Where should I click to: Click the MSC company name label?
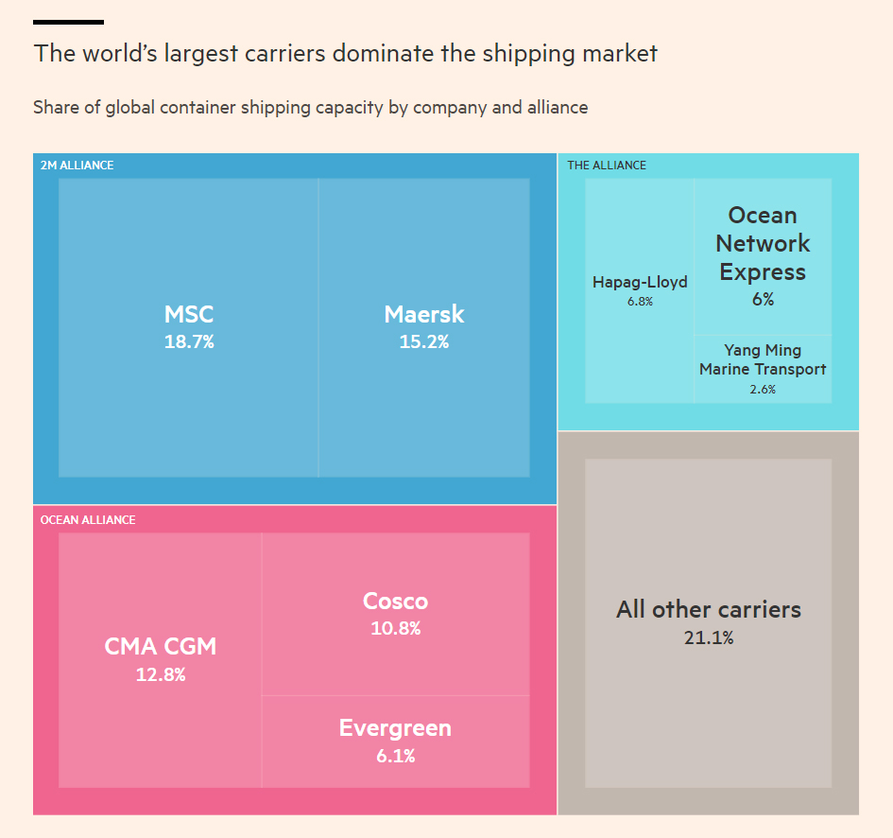coord(189,314)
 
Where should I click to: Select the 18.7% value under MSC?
coord(189,341)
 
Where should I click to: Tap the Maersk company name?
coord(424,314)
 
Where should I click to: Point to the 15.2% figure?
coord(424,341)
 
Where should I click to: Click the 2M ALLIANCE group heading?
coord(77,166)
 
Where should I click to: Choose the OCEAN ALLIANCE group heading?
coord(88,519)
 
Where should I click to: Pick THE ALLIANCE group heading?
coord(607,166)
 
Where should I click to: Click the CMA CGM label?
coord(161,647)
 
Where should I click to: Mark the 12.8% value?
coord(161,675)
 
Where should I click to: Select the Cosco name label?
coord(395,601)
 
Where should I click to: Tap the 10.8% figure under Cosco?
coord(395,628)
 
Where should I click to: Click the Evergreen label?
coord(395,728)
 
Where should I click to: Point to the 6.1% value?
coord(395,756)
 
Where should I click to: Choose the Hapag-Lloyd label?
coord(640,282)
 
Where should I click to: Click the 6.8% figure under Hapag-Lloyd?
coord(640,302)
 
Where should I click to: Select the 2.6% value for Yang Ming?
coord(763,389)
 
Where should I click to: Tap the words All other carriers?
coord(709,609)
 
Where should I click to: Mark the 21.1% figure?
coord(709,637)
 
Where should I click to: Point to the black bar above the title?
coord(68,22)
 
